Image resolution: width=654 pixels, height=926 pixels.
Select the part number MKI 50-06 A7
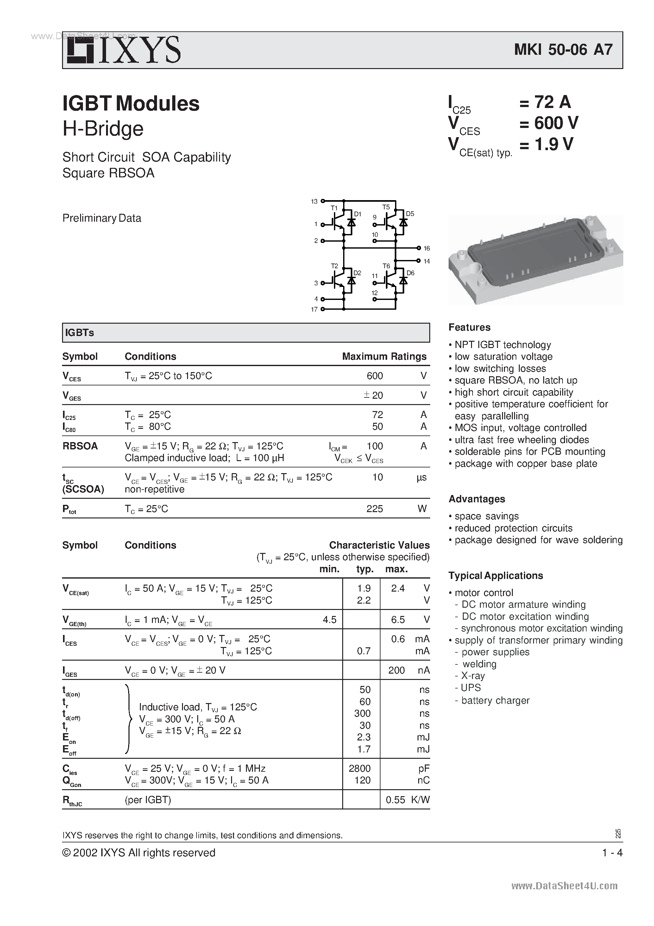click(563, 50)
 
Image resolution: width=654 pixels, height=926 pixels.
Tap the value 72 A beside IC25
click(552, 102)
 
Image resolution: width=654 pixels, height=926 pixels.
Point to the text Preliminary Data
click(102, 218)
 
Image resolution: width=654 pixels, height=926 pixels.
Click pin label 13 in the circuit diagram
click(314, 201)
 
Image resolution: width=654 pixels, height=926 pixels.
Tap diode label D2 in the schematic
click(357, 273)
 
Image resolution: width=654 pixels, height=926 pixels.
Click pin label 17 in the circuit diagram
click(314, 309)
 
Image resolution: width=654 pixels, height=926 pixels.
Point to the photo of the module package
click(536, 260)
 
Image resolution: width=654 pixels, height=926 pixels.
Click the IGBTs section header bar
click(246, 333)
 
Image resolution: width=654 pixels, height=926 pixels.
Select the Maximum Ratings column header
click(384, 357)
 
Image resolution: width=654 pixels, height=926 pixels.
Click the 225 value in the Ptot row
click(374, 509)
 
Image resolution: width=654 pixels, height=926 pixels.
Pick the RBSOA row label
click(80, 446)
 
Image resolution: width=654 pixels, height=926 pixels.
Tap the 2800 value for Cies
click(359, 768)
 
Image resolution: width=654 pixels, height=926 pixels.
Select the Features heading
click(469, 327)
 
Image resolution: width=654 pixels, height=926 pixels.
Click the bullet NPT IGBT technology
click(502, 345)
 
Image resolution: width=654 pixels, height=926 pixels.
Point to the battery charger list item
click(495, 701)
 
